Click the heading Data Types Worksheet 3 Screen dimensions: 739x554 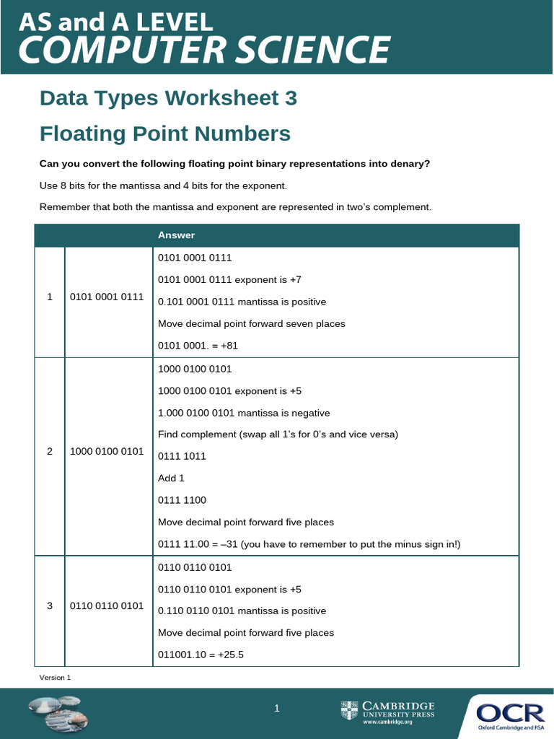click(x=168, y=98)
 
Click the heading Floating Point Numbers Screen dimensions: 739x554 click(x=165, y=134)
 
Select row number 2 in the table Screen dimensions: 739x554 click(x=50, y=451)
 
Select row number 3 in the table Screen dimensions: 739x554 click(x=50, y=605)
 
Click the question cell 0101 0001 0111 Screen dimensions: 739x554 click(x=107, y=297)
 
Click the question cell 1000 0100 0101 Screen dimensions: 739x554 click(x=107, y=451)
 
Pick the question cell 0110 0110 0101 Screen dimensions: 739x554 click(x=107, y=605)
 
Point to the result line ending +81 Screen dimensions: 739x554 click(x=198, y=346)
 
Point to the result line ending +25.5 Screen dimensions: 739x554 click(x=203, y=655)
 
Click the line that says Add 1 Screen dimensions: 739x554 click(x=172, y=478)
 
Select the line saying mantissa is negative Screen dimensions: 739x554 click(x=244, y=413)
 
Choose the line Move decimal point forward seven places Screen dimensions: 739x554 click(x=251, y=324)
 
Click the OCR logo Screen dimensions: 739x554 click(x=510, y=714)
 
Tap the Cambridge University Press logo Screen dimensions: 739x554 click(x=388, y=711)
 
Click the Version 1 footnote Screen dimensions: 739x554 click(x=55, y=677)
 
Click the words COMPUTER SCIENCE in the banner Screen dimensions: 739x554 click(x=204, y=51)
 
